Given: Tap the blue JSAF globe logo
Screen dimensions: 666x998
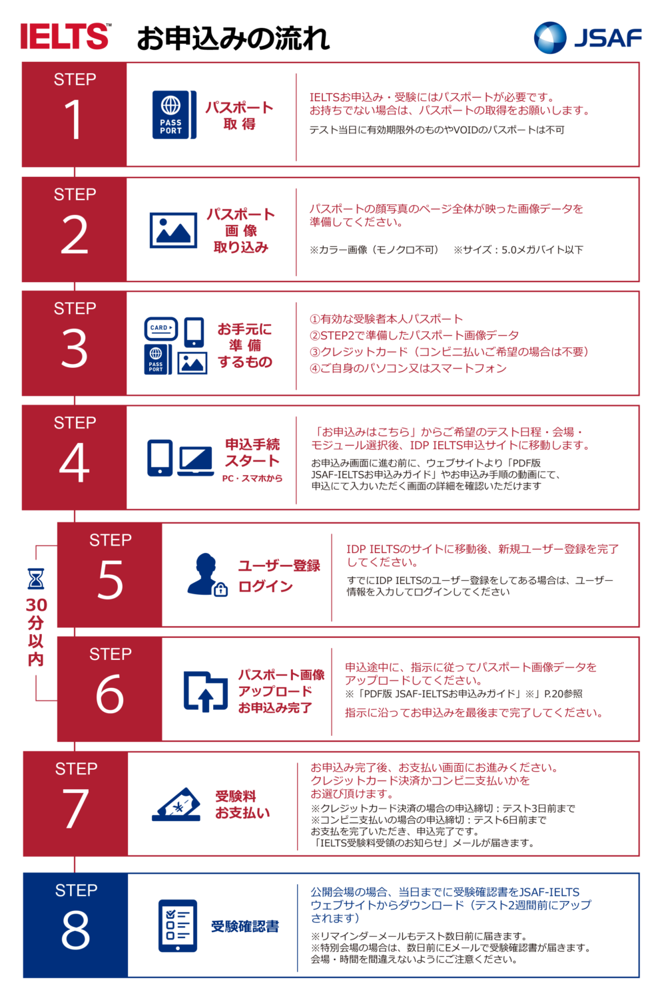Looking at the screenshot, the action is click(x=550, y=37).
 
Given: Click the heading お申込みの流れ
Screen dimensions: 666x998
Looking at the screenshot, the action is click(x=233, y=39).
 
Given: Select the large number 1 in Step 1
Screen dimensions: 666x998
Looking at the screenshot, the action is click(x=74, y=119).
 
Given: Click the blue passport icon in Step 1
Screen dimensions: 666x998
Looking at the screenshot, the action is click(x=174, y=115).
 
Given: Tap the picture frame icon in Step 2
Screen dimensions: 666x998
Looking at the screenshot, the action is click(x=173, y=230).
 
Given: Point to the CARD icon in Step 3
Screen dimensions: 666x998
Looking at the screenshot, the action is click(x=161, y=329).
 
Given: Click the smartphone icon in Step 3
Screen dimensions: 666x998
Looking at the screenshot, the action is click(x=194, y=332).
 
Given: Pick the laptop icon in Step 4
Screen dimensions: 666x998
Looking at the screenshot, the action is click(x=196, y=462).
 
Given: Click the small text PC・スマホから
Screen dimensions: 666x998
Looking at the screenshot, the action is click(x=252, y=478).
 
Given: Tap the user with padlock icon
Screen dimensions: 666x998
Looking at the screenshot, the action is click(x=207, y=575).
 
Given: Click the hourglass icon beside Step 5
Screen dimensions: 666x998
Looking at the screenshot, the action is click(x=36, y=579).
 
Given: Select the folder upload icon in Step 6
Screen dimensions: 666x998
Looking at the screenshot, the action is click(x=206, y=691).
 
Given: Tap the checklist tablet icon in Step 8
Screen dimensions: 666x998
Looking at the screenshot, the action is click(x=178, y=926).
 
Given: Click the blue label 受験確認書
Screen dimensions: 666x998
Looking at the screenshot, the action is click(x=245, y=927).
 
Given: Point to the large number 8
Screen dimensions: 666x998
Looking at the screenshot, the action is click(x=75, y=930).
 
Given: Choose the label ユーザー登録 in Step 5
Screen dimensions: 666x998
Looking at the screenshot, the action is click(x=279, y=566).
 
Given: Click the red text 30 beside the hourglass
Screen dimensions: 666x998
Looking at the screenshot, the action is click(x=36, y=605).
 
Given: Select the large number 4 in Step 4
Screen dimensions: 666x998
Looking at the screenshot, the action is click(x=74, y=463).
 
